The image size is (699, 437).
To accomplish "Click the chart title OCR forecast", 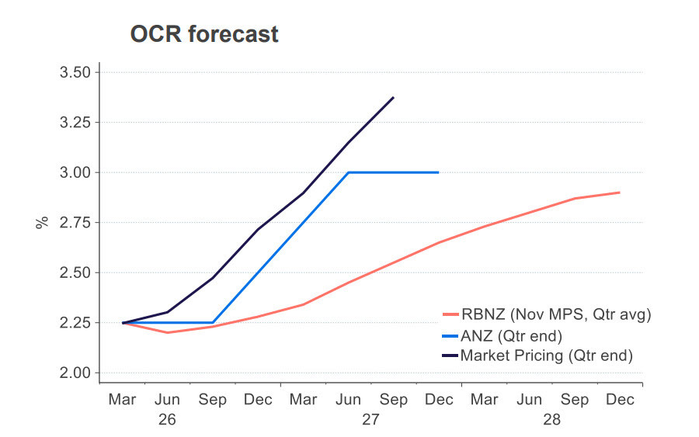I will (x=205, y=34).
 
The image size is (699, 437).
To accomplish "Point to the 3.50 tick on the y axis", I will (x=75, y=72).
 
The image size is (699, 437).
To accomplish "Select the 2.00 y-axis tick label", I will (x=75, y=373).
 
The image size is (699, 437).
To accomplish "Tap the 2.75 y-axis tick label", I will (x=75, y=223).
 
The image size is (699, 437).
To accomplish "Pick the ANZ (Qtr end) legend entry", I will (x=509, y=335).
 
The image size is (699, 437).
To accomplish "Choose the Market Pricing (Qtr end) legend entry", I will (x=546, y=355).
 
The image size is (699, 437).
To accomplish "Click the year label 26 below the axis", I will (x=167, y=419).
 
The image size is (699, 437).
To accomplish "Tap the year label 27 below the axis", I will (x=370, y=419).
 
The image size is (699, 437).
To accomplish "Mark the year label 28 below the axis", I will (x=552, y=419).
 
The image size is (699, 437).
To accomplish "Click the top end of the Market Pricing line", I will (x=394, y=98).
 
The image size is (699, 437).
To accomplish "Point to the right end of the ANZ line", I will (x=439, y=172).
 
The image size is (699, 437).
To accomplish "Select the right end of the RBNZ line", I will (x=620, y=192).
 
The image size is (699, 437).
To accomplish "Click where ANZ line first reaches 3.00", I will (x=348, y=172).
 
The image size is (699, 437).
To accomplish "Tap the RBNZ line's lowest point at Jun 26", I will (x=167, y=332).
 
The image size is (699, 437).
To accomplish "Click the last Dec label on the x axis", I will (x=620, y=400).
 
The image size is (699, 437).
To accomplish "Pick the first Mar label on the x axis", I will (x=122, y=400).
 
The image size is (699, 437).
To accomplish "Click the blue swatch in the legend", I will (x=450, y=335).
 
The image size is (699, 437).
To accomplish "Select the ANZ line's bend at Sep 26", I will (x=213, y=322).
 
